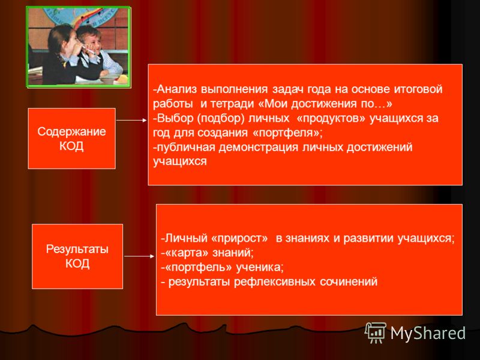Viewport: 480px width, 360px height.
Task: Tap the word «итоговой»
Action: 418,89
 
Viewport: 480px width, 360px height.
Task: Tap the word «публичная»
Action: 186,147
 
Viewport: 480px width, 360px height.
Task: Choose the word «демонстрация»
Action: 259,147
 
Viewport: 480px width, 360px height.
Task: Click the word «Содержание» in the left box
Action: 71,131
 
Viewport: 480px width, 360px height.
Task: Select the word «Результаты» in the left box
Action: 77,249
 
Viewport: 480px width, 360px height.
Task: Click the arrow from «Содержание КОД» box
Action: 131,121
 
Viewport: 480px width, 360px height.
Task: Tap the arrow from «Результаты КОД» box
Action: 139,256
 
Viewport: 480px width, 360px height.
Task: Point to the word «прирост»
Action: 239,238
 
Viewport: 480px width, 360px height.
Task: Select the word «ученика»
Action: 260,267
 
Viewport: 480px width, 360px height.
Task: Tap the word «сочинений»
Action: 349,281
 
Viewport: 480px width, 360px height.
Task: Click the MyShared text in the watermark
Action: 428,333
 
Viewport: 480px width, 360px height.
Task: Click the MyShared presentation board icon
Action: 376,332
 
